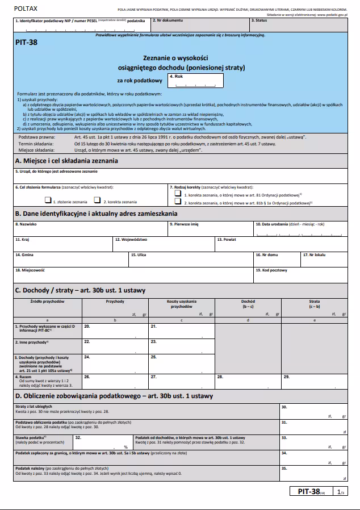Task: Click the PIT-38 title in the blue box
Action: click(27, 42)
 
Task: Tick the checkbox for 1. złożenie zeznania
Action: click(48, 200)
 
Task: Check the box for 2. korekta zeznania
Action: click(98, 200)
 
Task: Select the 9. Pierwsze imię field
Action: click(210, 231)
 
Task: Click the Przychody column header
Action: click(115, 301)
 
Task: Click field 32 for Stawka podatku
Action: click(102, 442)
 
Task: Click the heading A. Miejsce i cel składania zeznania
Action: click(66, 161)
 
